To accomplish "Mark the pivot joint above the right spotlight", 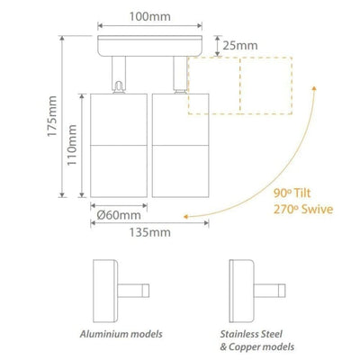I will [177, 80].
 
